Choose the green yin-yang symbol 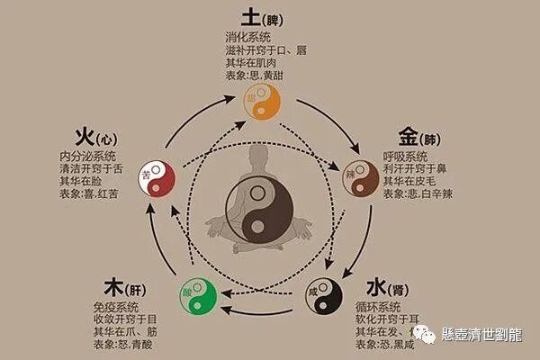(x=201, y=291)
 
